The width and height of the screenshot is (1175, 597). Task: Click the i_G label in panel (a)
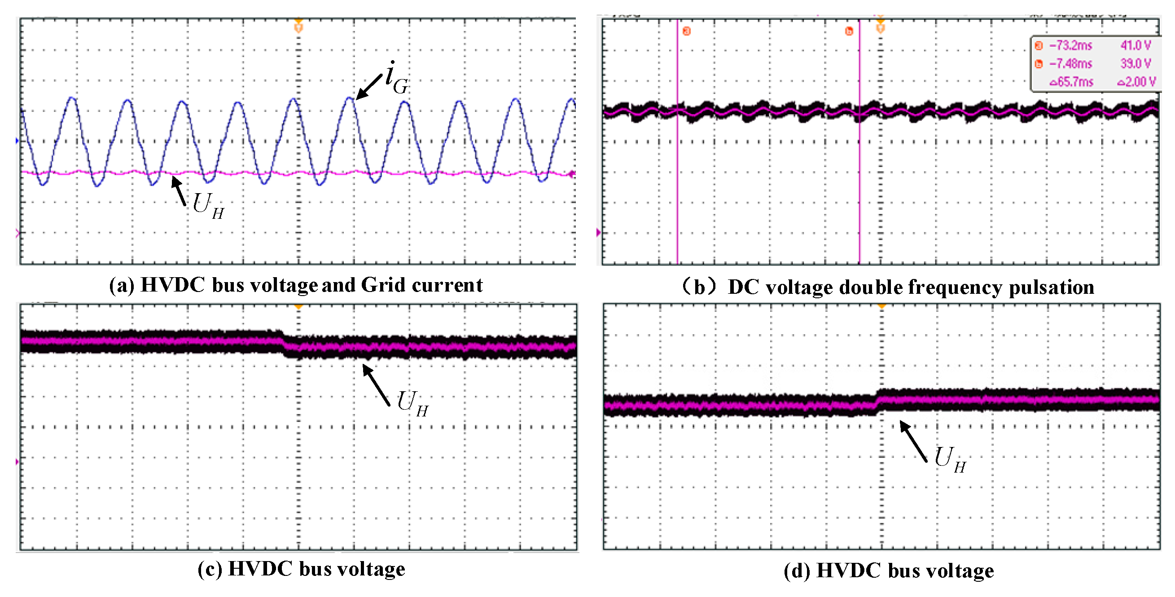[396, 79]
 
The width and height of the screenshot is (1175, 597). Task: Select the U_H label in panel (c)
[412, 403]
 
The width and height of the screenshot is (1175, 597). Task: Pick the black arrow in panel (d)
[913, 441]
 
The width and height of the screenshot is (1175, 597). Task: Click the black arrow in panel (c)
[376, 385]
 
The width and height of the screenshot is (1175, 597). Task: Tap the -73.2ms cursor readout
[1070, 46]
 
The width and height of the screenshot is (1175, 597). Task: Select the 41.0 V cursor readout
[1136, 46]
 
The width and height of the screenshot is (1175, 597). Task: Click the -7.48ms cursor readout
[1070, 64]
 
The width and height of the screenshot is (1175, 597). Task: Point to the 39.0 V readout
[1136, 64]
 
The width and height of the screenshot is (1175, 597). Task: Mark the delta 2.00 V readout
[1136, 82]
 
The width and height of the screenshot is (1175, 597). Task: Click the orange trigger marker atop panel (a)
[298, 26]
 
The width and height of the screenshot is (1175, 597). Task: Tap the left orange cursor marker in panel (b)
[687, 31]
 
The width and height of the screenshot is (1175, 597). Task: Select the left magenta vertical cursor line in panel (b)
[677, 182]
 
